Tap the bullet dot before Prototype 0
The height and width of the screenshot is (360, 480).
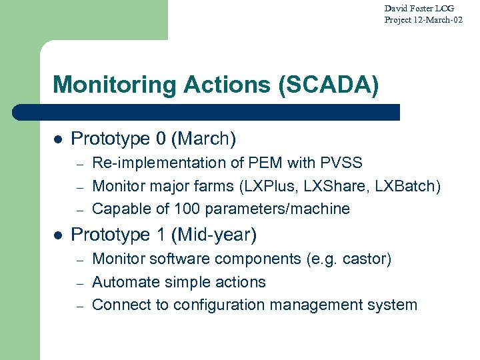58,139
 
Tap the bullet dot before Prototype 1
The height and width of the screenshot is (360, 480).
58,235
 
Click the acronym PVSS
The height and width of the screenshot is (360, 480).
341,163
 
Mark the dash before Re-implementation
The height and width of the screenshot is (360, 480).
78,163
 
